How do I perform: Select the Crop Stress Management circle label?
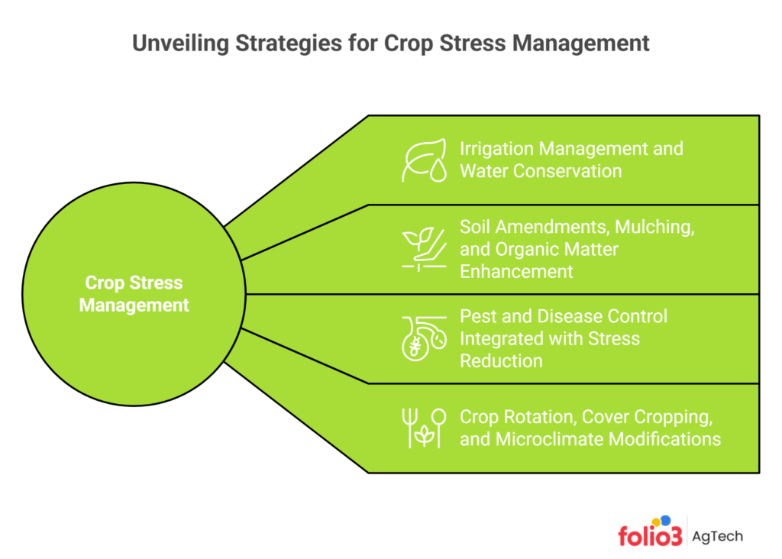click(x=134, y=294)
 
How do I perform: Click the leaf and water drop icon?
click(x=425, y=160)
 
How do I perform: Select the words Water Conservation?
click(x=541, y=171)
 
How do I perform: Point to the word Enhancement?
click(x=516, y=272)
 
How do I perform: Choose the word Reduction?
click(x=501, y=361)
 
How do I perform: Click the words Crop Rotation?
click(x=513, y=417)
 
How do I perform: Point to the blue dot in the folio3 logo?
click(x=666, y=521)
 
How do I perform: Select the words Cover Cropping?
click(x=642, y=417)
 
